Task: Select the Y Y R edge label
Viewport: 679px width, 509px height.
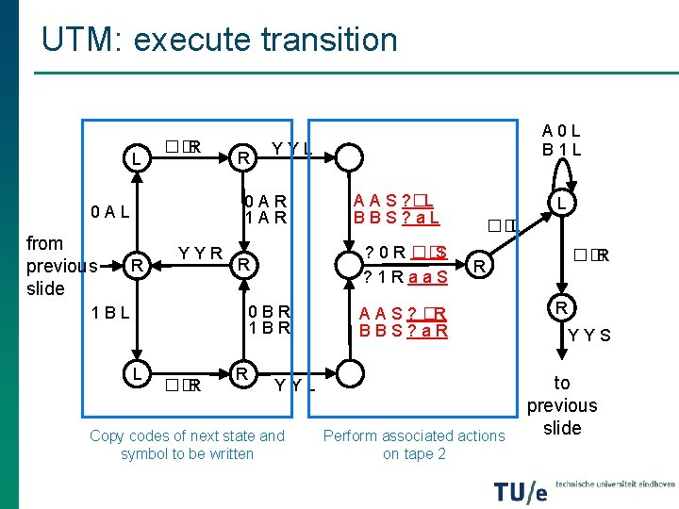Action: click(200, 253)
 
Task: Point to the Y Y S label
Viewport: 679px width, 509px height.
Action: click(589, 335)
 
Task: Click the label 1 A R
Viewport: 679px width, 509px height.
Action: click(266, 218)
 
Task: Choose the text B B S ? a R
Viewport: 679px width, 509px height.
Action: click(404, 331)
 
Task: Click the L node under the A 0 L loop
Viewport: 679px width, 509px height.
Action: click(560, 204)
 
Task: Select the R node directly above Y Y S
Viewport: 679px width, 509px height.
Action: click(560, 308)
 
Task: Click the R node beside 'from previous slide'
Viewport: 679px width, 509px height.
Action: click(136, 267)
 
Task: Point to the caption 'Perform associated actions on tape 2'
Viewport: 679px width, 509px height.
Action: click(414, 444)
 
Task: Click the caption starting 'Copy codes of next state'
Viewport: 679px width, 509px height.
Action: click(187, 444)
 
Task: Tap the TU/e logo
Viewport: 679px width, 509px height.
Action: click(520, 491)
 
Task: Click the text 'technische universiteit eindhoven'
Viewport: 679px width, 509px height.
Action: click(614, 484)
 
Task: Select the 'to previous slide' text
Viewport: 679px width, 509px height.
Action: click(562, 405)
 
